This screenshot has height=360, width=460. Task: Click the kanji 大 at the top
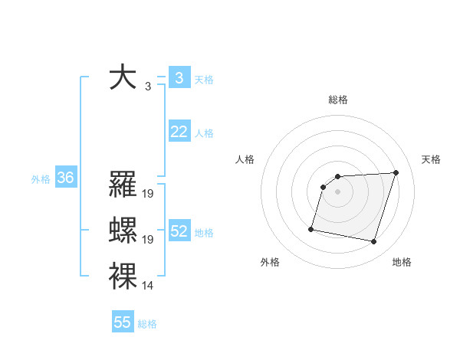coord(123,78)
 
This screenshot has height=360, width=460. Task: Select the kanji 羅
coord(123,185)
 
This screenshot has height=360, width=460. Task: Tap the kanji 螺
coord(123,231)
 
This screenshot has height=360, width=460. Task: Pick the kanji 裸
coord(123,277)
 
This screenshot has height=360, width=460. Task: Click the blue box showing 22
coord(179,132)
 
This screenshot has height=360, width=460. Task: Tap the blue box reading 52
coord(179,231)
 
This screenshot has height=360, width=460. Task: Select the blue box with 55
coord(123,322)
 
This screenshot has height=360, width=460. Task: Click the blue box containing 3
coord(179,77)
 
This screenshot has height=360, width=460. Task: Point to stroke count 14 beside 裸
coord(148,286)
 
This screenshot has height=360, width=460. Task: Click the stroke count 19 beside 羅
coord(148,194)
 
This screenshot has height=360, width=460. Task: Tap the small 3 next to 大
coord(147,87)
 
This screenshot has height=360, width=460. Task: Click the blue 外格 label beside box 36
coord(41,179)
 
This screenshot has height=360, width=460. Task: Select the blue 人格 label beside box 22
coord(204,133)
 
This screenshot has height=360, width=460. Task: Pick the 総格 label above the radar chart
coord(338,100)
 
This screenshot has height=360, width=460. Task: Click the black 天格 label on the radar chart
coord(432,159)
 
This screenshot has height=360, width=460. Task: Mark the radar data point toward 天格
coord(396,172)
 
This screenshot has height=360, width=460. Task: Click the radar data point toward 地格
coord(373,242)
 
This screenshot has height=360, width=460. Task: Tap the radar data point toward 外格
coord(311,228)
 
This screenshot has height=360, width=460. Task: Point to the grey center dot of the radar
coord(338,192)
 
